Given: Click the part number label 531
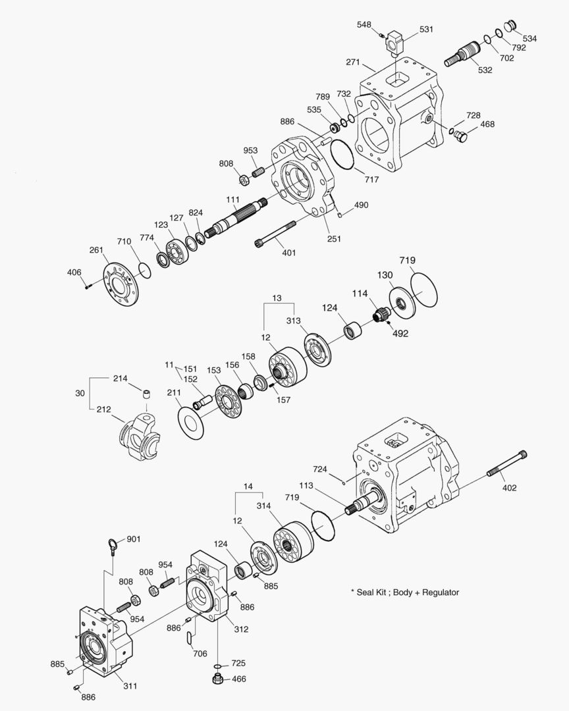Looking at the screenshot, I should [x=427, y=30].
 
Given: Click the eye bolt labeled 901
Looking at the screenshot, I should [x=114, y=544].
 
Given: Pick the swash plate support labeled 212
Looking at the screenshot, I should [x=140, y=436].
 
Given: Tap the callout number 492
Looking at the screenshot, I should [x=400, y=333].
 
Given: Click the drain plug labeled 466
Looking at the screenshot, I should [x=217, y=678].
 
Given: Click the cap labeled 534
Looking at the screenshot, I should [x=509, y=26].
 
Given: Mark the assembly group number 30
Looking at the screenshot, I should [x=80, y=392].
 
